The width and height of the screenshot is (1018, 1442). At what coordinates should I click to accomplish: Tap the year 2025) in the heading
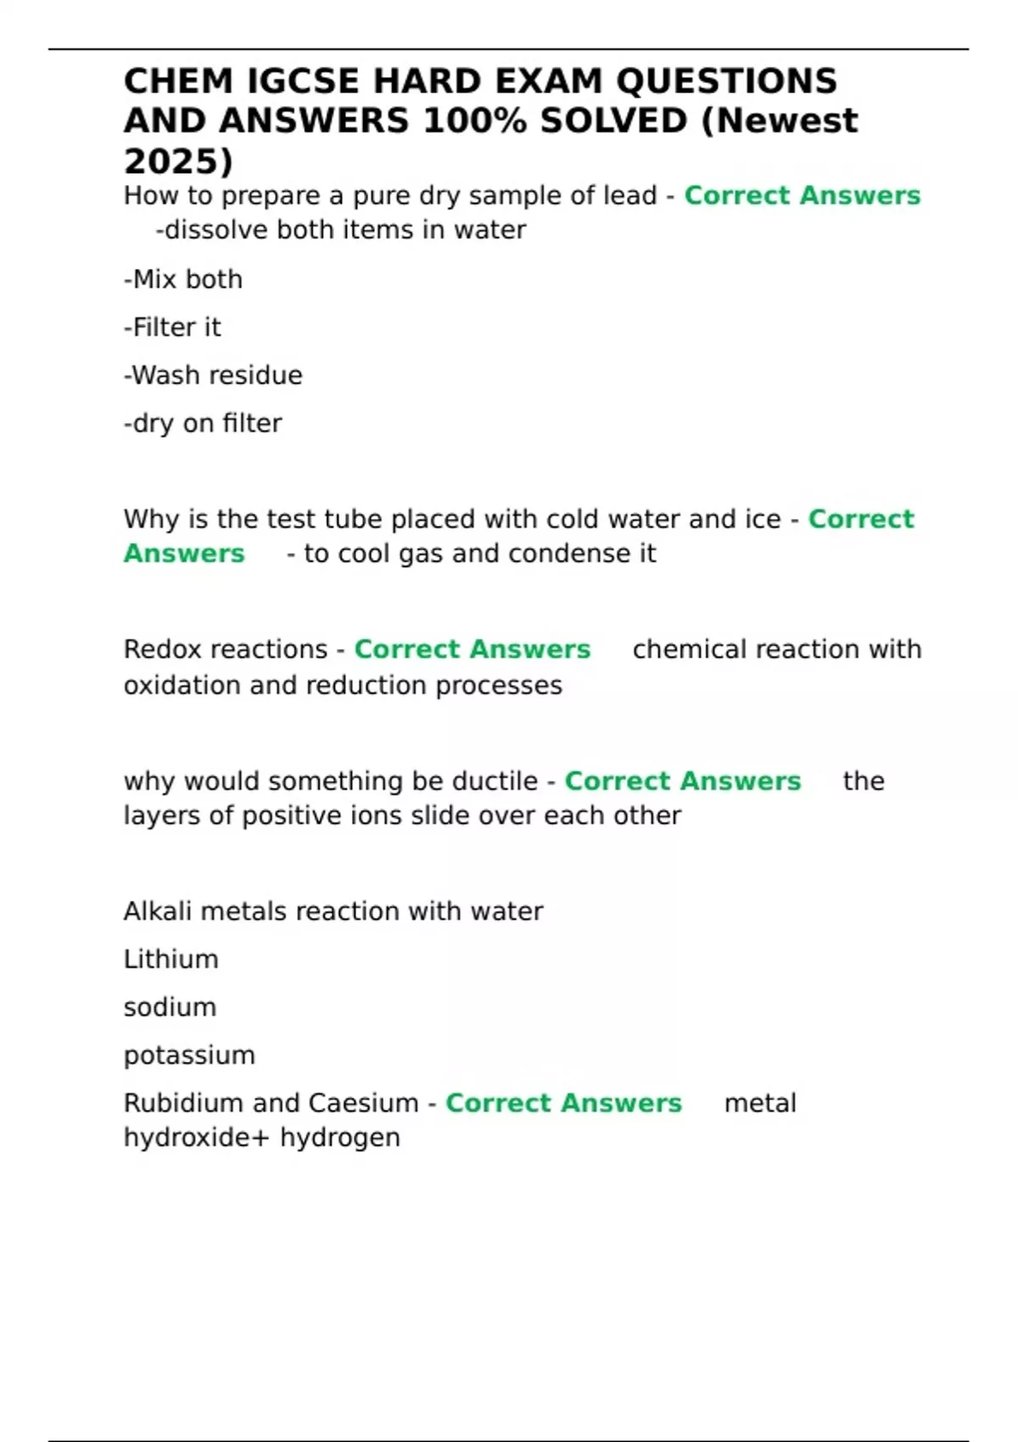click(x=178, y=161)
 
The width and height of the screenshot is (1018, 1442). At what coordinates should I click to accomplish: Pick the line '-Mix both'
click(x=183, y=279)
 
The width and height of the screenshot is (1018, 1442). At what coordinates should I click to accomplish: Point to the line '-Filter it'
click(x=172, y=327)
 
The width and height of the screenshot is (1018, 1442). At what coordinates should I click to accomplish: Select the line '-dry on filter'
click(x=203, y=423)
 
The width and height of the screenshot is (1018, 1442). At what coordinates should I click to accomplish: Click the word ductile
click(x=495, y=781)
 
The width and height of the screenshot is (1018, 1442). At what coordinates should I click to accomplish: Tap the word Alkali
click(x=158, y=912)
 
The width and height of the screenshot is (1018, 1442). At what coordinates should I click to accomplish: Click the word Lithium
click(x=171, y=959)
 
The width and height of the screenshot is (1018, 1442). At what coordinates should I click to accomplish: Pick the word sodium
click(x=170, y=1008)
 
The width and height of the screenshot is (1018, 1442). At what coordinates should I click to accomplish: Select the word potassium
click(x=189, y=1056)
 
